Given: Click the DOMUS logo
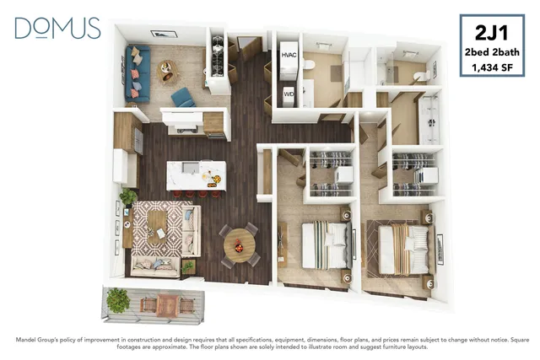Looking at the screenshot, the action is pos(57,28).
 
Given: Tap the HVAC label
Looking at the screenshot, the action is pos(289,55).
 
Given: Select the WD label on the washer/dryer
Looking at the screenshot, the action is pos(289,94).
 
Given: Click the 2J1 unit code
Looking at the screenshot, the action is pos(491,33).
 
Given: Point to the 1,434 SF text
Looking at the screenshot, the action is pos(492,67).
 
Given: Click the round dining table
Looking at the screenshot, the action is pos(240,245).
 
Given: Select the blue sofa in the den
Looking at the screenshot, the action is pos(138,73).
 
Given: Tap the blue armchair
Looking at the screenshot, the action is pos(183,98).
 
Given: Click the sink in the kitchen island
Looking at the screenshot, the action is pos(188,167).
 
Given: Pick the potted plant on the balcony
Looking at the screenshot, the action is pos(118,300).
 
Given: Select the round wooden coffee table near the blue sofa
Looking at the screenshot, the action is pos(166,71).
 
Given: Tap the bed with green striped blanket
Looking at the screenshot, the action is pos(327,244).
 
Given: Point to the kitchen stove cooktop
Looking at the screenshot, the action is pos(186,130).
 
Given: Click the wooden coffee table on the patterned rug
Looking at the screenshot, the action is pos(157,227).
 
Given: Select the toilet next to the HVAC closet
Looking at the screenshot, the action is pos(309,64).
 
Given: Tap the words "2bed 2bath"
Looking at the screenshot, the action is pos(492,52).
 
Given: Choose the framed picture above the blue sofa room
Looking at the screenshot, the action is pos(164,34).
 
